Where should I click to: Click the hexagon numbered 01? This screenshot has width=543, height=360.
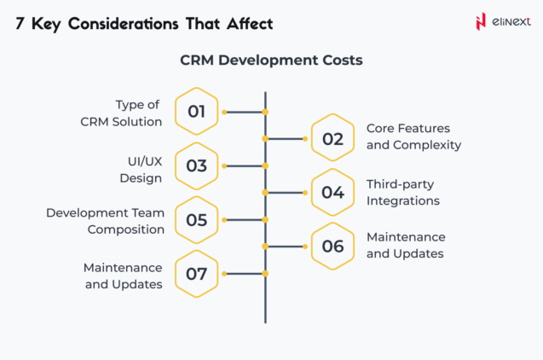(197, 112)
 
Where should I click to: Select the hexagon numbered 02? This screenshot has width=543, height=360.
(332, 138)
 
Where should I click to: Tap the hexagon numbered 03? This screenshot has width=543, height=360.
(197, 165)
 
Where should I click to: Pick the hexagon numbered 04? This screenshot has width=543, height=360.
(332, 193)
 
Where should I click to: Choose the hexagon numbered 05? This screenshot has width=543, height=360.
(197, 219)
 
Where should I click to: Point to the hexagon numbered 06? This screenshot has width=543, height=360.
(332, 247)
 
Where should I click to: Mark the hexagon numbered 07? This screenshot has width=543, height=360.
(197, 274)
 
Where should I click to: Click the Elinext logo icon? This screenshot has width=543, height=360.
(482, 21)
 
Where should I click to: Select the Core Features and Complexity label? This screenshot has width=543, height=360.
(413, 136)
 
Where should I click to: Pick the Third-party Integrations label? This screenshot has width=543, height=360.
(403, 192)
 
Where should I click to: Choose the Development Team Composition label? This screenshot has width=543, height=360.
(105, 220)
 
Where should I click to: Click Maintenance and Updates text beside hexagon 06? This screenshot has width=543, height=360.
(406, 245)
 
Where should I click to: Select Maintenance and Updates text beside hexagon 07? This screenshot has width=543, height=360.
(124, 276)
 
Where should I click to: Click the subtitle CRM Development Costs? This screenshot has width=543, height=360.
(271, 61)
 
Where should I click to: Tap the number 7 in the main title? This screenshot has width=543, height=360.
(20, 23)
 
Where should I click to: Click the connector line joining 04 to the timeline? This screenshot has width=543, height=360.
(286, 193)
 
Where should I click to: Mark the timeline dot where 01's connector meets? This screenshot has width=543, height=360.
(265, 112)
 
